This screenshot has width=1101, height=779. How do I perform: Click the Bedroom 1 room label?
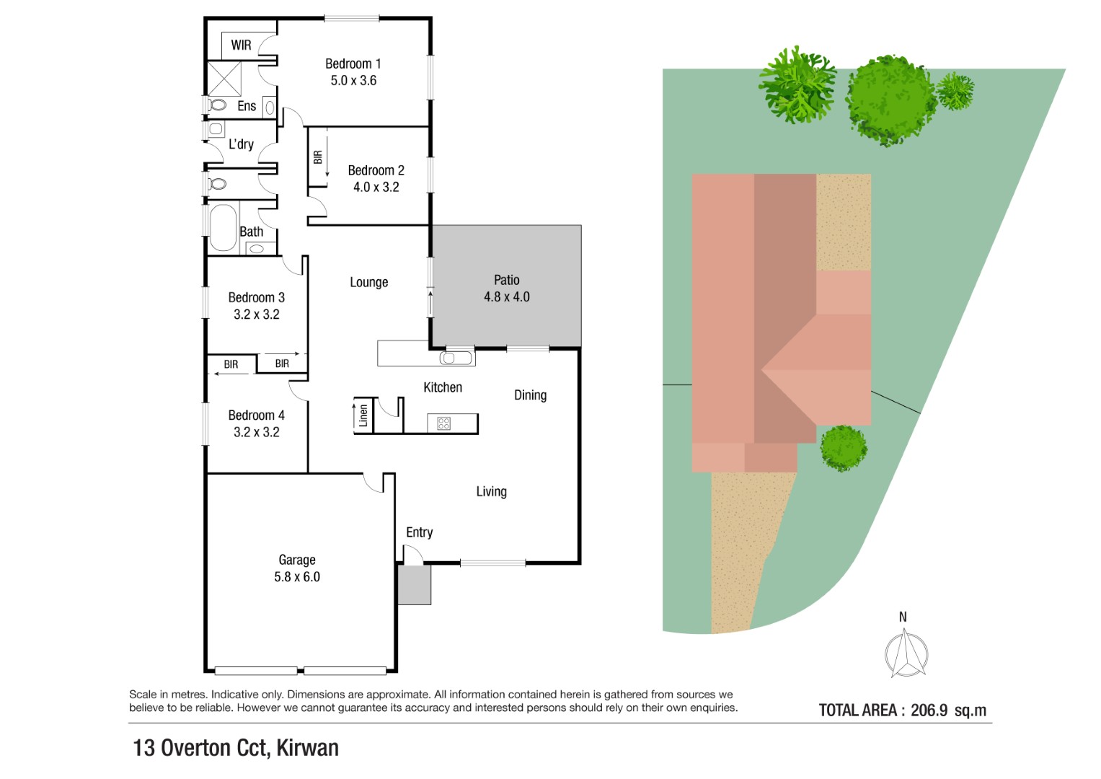point(353,64)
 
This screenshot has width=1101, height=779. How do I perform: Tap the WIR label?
point(241,45)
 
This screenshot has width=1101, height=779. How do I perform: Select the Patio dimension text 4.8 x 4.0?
point(507,297)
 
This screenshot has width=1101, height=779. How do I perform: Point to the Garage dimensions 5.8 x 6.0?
point(297,577)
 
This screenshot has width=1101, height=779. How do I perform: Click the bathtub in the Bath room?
point(223,228)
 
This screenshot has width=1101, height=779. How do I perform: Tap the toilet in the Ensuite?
point(217,105)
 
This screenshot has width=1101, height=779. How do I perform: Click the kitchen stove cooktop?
point(444,423)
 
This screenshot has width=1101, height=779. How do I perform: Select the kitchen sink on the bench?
point(456,358)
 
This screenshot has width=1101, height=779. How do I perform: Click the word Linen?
point(363,415)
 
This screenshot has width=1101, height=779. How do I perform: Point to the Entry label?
point(419,532)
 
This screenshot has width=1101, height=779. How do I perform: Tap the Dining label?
point(531,395)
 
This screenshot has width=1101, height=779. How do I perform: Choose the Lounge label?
point(369,282)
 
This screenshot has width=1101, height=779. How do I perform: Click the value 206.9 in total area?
point(929,710)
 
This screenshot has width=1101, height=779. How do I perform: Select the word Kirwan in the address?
point(308,748)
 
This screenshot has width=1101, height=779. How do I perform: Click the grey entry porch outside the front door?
point(415,585)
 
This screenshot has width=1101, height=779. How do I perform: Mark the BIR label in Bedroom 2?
point(317,157)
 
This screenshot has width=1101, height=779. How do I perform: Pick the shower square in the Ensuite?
point(224,79)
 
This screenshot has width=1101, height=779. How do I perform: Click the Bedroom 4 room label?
point(256,415)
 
